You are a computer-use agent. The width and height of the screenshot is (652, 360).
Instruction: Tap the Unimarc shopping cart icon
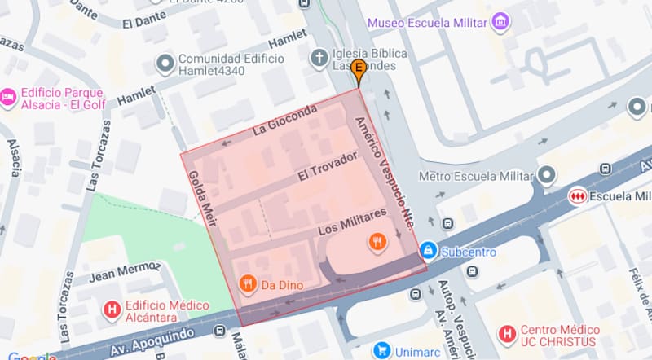coord(380,350)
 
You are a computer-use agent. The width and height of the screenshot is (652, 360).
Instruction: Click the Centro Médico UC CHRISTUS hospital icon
coord(508,333)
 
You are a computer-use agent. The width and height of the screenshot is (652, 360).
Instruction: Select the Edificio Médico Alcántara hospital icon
coord(112,310)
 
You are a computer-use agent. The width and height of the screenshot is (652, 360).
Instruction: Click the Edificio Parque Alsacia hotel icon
coord(8,96)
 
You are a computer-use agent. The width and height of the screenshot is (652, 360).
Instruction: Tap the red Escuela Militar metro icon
coord(578,196)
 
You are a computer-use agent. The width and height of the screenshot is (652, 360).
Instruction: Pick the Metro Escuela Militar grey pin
coord(546,175)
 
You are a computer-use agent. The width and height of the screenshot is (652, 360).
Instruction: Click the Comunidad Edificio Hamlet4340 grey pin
coord(165,61)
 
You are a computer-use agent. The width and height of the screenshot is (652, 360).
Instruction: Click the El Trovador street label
coord(327,166)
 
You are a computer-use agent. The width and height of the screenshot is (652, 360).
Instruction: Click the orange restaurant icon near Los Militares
coord(376,240)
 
